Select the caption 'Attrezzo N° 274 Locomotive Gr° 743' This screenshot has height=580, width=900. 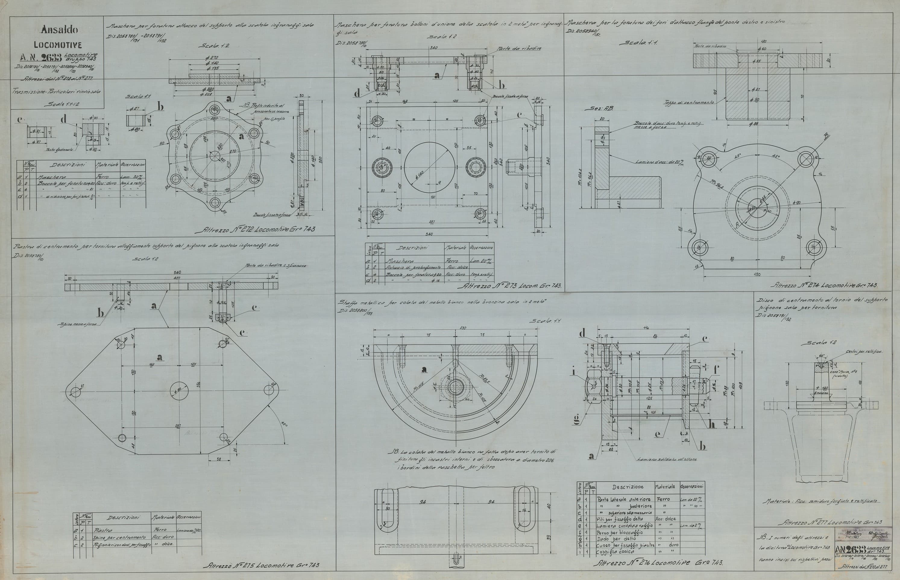[824, 285]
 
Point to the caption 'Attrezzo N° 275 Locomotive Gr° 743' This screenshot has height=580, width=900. [262, 565]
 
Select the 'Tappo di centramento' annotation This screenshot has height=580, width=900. [689, 102]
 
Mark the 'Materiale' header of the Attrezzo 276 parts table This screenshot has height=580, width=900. [665, 487]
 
